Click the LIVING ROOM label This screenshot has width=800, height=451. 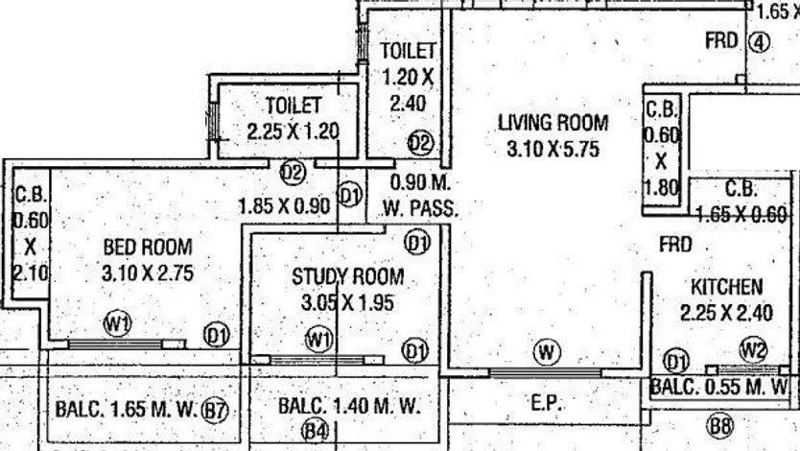[553, 122]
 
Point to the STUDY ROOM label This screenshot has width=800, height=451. [347, 277]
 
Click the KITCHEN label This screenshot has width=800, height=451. [727, 287]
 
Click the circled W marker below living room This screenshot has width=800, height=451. [547, 352]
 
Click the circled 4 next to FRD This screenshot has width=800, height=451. [760, 42]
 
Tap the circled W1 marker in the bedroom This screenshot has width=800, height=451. [117, 322]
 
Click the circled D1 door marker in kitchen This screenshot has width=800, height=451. [676, 362]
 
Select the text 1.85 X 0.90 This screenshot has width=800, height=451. [284, 204]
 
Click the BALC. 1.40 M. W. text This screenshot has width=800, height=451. [349, 407]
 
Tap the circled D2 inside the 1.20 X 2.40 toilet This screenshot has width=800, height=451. [420, 142]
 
